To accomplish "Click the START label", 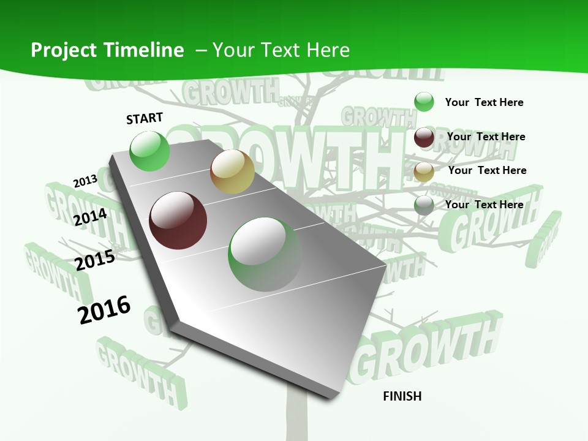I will pyautogui.click(x=145, y=118).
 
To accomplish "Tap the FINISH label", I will pyautogui.click(x=402, y=396).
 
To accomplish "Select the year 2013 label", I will pyautogui.click(x=85, y=181).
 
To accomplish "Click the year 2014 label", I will pyautogui.click(x=91, y=217).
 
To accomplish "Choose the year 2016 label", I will pyautogui.click(x=104, y=309).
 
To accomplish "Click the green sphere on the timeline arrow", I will pyautogui.click(x=150, y=151).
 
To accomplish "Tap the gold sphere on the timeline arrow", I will pyautogui.click(x=232, y=171).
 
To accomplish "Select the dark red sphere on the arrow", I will pyautogui.click(x=178, y=221).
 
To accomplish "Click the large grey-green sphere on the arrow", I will pyautogui.click(x=265, y=254).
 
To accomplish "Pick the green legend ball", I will pyautogui.click(x=424, y=102).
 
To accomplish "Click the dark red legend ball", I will pyautogui.click(x=424, y=137).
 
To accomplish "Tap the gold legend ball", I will pyautogui.click(x=424, y=171).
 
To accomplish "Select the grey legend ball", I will pyautogui.click(x=424, y=205).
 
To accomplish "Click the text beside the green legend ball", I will pyautogui.click(x=484, y=102).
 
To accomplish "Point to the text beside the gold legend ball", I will pyautogui.click(x=487, y=170).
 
